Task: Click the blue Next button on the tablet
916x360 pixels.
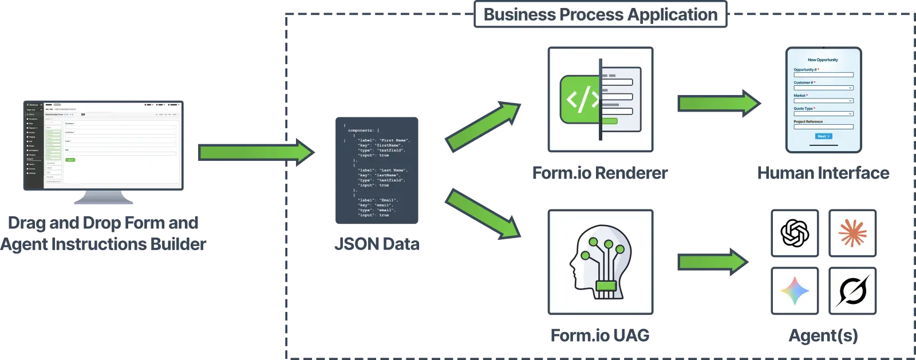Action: click(x=823, y=136)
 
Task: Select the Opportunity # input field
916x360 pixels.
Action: click(x=823, y=75)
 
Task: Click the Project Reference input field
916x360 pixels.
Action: click(x=823, y=127)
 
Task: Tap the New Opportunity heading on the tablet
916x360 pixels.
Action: click(x=823, y=60)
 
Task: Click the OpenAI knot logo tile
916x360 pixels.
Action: click(x=795, y=233)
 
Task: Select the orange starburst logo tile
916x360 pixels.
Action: click(x=852, y=233)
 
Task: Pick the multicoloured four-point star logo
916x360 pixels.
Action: click(x=795, y=291)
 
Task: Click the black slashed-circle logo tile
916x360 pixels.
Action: click(x=852, y=291)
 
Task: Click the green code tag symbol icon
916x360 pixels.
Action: click(x=581, y=100)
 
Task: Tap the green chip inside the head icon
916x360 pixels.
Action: click(x=606, y=286)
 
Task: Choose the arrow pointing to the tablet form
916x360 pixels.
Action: click(x=718, y=103)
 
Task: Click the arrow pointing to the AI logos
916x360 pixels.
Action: click(x=713, y=262)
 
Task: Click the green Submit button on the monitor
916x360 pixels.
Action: click(x=70, y=160)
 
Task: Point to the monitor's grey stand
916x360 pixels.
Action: click(x=105, y=198)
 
